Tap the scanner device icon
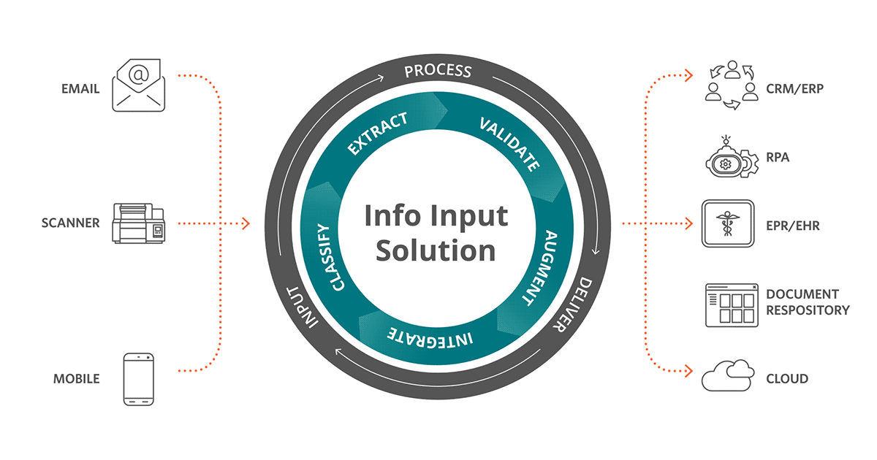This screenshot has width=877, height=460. point(139,223)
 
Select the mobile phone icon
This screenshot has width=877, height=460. point(139,379)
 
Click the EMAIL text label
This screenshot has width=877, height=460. point(81,90)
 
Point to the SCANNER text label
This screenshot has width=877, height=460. point(71,223)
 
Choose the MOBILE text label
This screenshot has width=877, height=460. point(76,379)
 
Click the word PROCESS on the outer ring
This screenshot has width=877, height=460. point(438,71)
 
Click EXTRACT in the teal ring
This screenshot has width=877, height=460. point(378,134)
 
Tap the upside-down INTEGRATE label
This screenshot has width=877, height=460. point(430,337)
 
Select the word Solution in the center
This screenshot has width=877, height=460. point(436,250)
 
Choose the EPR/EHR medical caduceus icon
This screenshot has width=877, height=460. point(727,224)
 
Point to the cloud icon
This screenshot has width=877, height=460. point(728,376)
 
